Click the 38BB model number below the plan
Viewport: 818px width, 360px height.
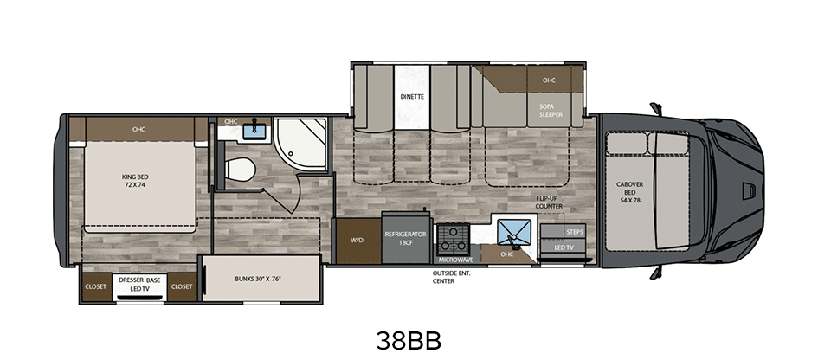pos(409,341)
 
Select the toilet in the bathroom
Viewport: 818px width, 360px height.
pos(239,170)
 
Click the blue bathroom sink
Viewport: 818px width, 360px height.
pos(254,130)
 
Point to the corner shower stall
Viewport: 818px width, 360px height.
pos(300,145)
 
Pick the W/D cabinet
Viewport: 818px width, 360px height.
pos(357,241)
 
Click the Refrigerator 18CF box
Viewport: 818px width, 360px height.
pos(405,238)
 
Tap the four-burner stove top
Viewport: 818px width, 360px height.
pos(452,239)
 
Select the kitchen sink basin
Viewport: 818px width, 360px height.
pos(514,233)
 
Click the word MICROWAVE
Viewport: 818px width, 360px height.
pos(455,260)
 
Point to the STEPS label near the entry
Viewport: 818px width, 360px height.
pos(574,232)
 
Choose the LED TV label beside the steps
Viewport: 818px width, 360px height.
pos(564,247)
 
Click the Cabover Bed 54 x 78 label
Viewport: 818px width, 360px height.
pos(629,192)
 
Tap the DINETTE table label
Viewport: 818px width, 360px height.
pos(412,97)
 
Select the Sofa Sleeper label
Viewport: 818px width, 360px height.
pos(551,111)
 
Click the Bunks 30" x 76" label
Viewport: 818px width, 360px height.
pos(258,279)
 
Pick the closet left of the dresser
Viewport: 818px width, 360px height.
pos(96,286)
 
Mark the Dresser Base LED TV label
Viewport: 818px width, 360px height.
pos(139,285)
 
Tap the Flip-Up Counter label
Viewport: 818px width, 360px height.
pos(549,202)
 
